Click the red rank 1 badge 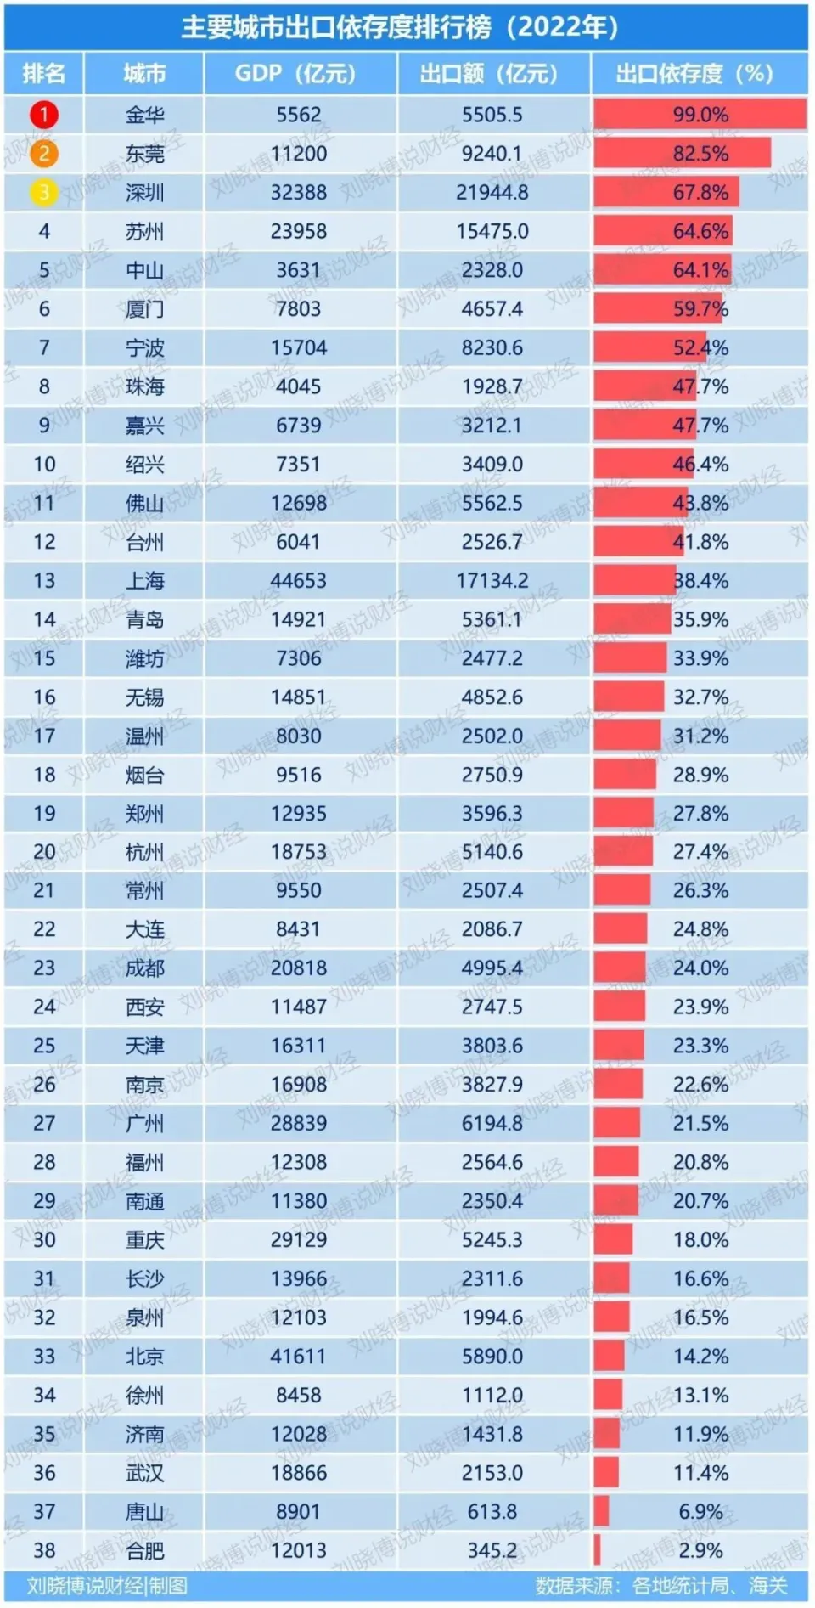click(44, 115)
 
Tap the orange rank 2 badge click(44, 154)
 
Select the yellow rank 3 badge click(44, 193)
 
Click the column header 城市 click(144, 74)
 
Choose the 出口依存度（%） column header click(694, 74)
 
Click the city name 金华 click(144, 115)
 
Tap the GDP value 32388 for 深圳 click(298, 193)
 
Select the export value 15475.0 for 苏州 click(492, 231)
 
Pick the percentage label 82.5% click(700, 154)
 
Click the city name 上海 click(144, 581)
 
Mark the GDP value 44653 click(298, 581)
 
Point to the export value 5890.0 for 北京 click(492, 1357)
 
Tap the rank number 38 click(44, 1550)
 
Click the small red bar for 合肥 click(598, 1550)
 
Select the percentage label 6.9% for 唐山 click(700, 1512)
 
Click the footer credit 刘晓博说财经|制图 click(107, 1586)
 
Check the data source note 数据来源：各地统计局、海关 click(661, 1586)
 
